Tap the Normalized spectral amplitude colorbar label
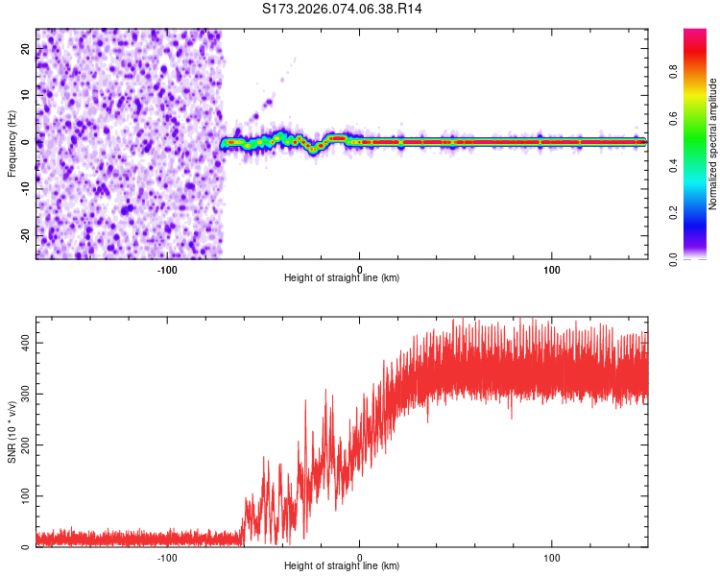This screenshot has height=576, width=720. (x=712, y=144)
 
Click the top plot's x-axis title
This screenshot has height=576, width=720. (x=342, y=277)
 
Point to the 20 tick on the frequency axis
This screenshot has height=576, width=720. (x=26, y=49)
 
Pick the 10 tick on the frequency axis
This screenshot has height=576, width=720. (x=26, y=95)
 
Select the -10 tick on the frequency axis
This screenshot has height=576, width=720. (x=24, y=188)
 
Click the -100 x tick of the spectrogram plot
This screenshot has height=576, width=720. (x=168, y=269)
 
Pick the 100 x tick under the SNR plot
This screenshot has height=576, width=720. (x=552, y=556)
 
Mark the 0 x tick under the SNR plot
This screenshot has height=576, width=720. (x=360, y=556)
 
